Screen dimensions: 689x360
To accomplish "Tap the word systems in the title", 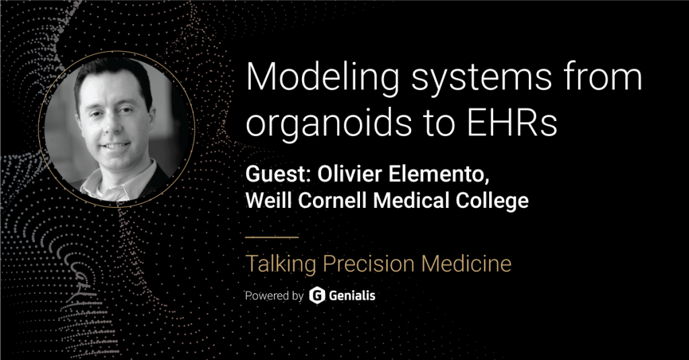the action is click(481, 81).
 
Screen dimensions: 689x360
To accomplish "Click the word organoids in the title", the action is click(328, 124).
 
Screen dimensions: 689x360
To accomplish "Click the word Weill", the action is click(268, 201).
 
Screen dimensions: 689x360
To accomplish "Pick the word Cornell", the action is click(332, 201).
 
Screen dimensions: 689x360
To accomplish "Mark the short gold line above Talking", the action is click(272, 237).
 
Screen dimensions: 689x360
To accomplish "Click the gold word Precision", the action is click(369, 263).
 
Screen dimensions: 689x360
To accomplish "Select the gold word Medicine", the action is click(466, 263).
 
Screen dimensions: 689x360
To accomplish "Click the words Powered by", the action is click(275, 296).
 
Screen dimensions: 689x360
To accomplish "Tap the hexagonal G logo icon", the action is click(317, 295).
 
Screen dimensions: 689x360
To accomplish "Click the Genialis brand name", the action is click(352, 295).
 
